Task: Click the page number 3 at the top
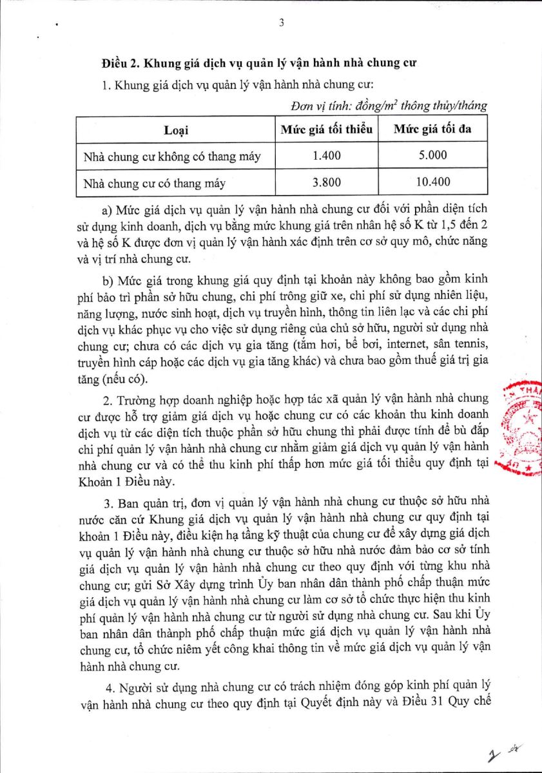coord(282,23)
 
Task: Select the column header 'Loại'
coord(175,130)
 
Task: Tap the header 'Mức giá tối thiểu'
coord(326,129)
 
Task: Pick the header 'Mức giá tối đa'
coord(432,129)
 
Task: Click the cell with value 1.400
coord(326,155)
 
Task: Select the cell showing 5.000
coord(432,155)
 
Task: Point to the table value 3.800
coord(326,182)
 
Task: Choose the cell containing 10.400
coord(432,182)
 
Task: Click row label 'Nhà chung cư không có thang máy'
coord(171,156)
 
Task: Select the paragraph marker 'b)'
coord(108,280)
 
